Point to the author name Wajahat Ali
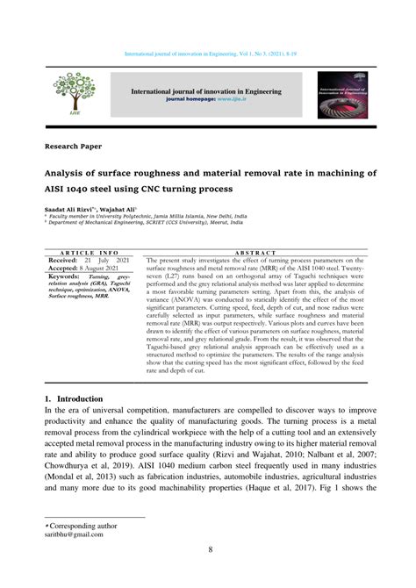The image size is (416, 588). click(121, 212)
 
